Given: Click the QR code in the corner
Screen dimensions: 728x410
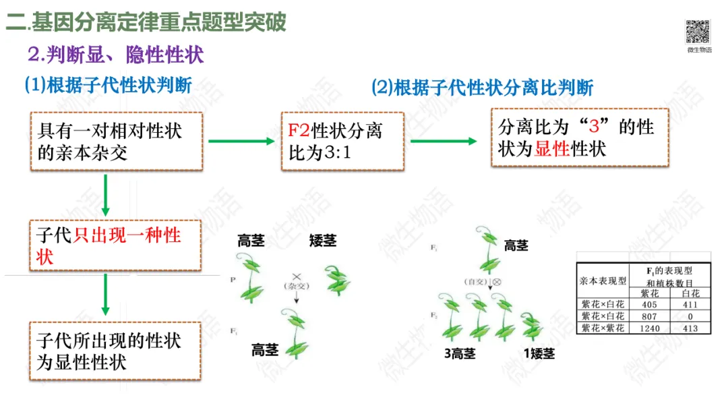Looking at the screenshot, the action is pyautogui.click(x=698, y=32).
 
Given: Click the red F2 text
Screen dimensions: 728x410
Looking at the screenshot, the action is pyautogui.click(x=297, y=130).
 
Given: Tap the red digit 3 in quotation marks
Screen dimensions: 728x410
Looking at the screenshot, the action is pyautogui.click(x=594, y=126).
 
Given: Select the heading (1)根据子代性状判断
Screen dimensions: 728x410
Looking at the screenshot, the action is pyautogui.click(x=109, y=85).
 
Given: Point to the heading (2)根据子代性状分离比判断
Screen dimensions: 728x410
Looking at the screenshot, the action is pyautogui.click(x=482, y=88).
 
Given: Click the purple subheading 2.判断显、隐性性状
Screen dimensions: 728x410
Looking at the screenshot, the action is pyautogui.click(x=115, y=55).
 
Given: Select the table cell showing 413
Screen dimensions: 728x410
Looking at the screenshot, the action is pyautogui.click(x=690, y=328).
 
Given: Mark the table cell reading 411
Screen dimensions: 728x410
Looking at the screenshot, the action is pyautogui.click(x=690, y=305).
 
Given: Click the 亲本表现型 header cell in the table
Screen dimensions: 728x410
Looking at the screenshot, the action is pyautogui.click(x=602, y=281).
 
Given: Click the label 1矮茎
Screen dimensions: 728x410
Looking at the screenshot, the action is pyautogui.click(x=539, y=353).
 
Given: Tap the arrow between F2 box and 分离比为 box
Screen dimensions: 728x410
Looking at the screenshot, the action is pyautogui.click(x=444, y=141).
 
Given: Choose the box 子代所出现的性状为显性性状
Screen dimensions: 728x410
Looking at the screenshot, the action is pyautogui.click(x=115, y=351).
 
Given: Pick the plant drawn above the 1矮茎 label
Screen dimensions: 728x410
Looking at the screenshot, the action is pyautogui.click(x=533, y=324).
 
